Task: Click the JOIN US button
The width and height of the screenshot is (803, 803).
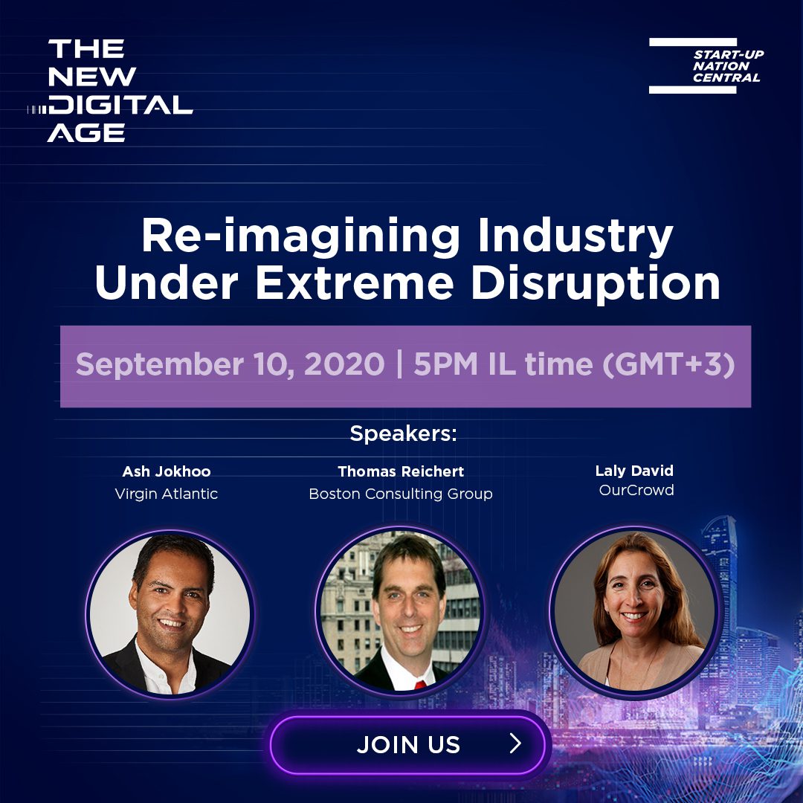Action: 408,744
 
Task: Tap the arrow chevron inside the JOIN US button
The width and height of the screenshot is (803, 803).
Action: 515,743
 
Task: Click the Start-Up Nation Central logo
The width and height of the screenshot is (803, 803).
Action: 706,65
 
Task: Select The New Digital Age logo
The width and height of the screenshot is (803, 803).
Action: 110,90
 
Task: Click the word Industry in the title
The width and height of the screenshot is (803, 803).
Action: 575,236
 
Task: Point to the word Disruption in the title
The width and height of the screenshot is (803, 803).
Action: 596,283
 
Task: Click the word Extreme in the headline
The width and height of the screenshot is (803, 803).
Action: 355,283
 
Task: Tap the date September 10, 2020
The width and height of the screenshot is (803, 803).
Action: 230,364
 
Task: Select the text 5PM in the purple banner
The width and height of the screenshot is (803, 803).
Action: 445,364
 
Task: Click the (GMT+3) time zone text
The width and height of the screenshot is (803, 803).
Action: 668,364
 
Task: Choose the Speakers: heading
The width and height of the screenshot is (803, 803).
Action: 403,433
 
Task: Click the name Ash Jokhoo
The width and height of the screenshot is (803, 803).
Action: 167,471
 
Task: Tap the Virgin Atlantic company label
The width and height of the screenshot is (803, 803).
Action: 167,494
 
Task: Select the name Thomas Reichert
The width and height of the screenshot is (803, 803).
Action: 401,471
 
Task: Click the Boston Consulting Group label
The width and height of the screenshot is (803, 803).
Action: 401,494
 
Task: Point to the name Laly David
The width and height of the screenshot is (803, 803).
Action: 634,471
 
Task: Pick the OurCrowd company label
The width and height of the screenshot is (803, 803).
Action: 636,490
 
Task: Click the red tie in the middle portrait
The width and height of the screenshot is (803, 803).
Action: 420,685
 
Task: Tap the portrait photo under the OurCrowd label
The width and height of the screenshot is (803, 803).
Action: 634,611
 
